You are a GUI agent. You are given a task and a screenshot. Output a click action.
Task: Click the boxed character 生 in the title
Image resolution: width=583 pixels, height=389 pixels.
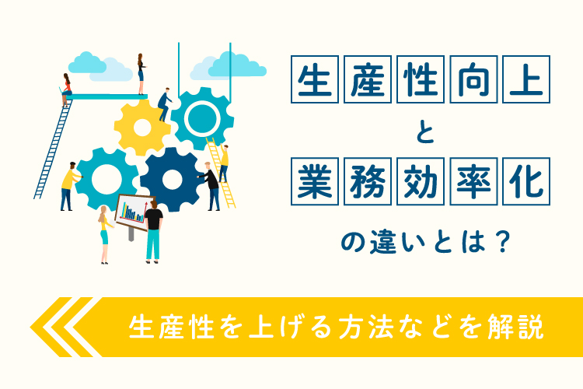[315, 79]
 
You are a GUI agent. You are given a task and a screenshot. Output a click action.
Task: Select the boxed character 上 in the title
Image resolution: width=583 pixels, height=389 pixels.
[526, 79]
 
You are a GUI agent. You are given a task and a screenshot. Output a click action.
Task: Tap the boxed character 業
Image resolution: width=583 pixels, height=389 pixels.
[315, 181]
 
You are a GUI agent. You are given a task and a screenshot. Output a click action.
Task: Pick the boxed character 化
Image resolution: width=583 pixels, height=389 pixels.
[526, 181]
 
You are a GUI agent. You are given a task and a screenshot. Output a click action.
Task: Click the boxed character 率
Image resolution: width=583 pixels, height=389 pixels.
[473, 181]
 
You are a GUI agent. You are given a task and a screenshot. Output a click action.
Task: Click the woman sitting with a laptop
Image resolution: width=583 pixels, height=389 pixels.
[65, 89]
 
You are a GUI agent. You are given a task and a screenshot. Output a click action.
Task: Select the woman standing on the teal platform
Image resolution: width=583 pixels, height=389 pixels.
[141, 74]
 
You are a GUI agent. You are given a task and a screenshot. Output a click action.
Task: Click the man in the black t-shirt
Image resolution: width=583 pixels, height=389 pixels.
[153, 232]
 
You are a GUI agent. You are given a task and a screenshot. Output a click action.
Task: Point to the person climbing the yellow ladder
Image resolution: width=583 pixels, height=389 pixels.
[223, 163]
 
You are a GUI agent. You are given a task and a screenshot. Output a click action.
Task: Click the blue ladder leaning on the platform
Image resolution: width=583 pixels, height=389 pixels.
[53, 149]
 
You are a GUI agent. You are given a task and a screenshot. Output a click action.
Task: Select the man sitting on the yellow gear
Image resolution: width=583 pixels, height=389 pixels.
[164, 104]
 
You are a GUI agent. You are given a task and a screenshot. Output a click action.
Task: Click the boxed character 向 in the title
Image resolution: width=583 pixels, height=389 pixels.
[473, 79]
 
